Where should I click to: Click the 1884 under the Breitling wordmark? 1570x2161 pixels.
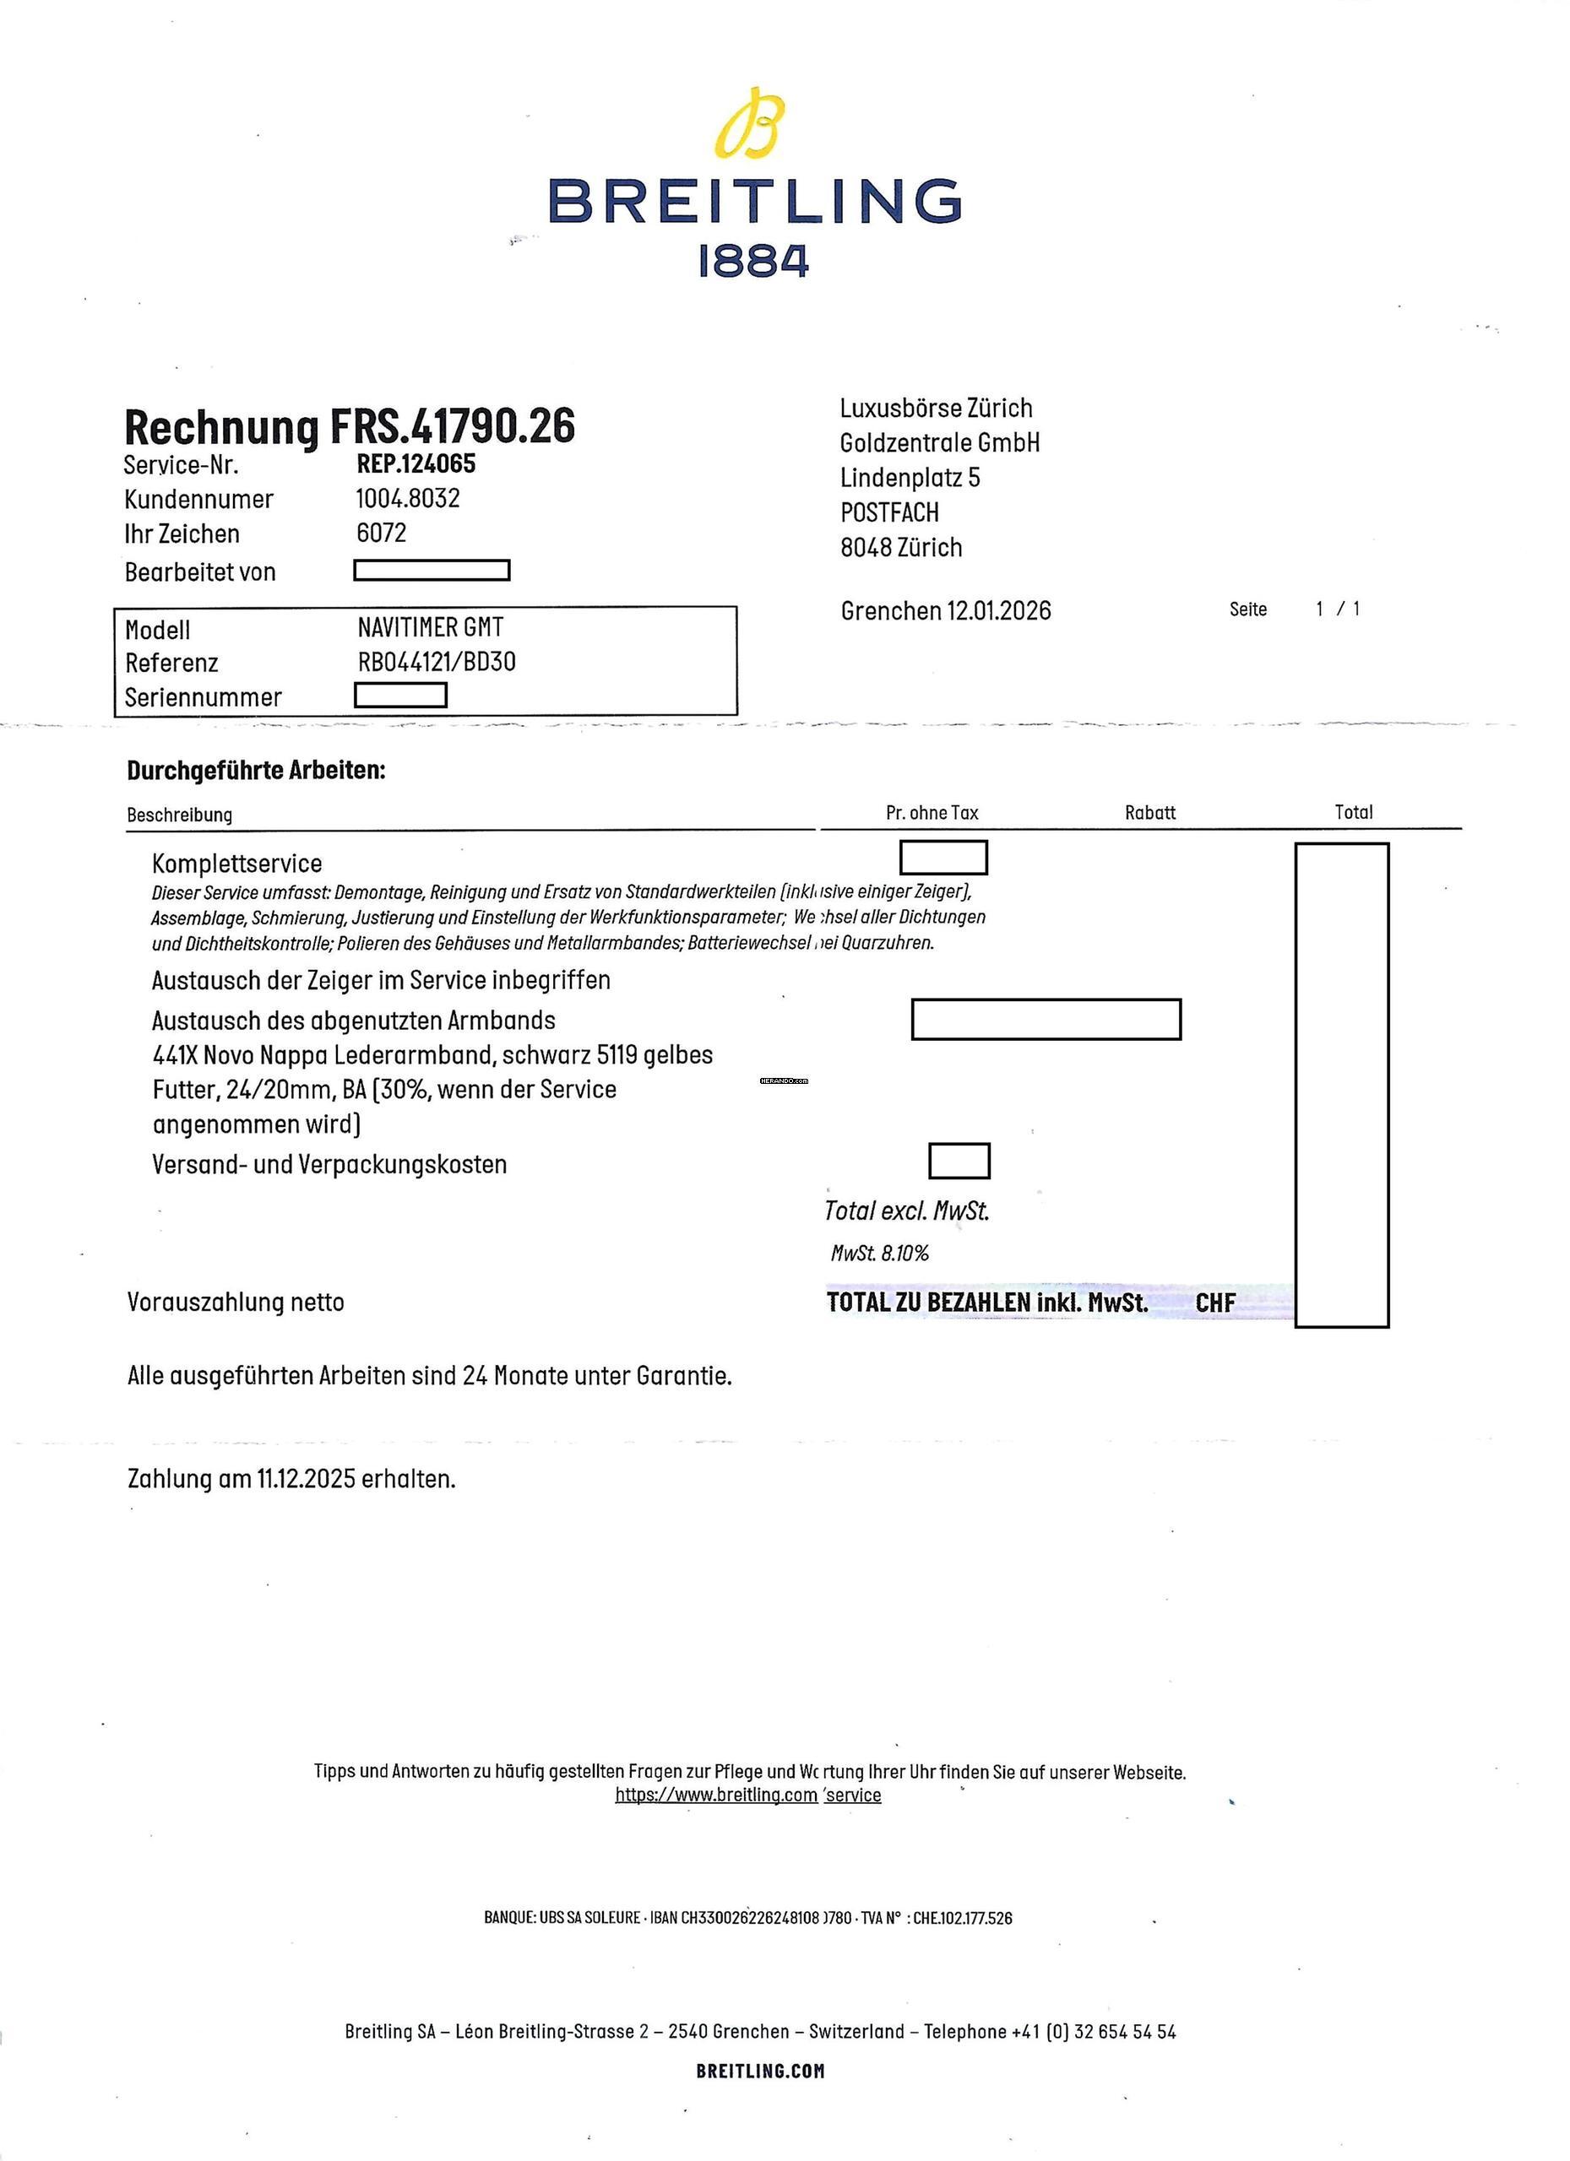pos(753,261)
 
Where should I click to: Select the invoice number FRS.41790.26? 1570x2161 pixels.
pos(453,426)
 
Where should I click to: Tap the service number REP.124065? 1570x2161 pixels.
pos(416,464)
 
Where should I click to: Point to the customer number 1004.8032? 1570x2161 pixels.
pos(408,498)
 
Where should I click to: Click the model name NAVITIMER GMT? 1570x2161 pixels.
pos(430,627)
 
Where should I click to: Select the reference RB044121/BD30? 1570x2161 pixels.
pos(437,661)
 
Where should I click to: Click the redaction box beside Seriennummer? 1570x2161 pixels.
pos(400,696)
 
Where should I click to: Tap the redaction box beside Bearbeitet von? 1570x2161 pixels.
pos(432,570)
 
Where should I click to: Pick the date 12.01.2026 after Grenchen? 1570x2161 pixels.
pos(998,611)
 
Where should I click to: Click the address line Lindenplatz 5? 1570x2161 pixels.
pos(910,478)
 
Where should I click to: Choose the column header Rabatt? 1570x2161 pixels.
pos(1149,813)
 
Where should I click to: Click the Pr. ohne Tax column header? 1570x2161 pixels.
pos(932,813)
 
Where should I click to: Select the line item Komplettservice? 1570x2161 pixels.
pos(236,864)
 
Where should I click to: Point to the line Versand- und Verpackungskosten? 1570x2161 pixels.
pos(329,1163)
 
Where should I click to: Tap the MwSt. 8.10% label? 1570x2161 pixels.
pos(879,1253)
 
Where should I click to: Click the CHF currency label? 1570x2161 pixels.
pos(1215,1303)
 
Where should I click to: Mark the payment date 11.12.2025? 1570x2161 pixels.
pos(306,1479)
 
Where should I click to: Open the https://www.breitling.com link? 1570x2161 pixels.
pos(716,1795)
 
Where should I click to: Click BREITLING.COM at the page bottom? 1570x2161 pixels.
pos(760,2071)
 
